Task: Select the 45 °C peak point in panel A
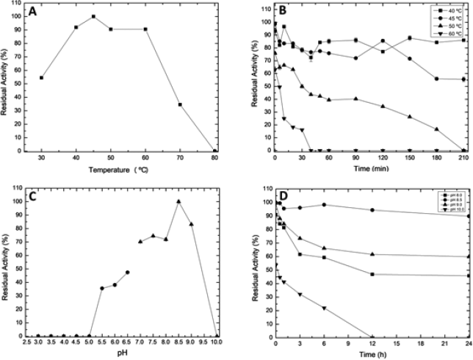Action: (x=93, y=16)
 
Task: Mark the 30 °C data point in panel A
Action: (x=42, y=77)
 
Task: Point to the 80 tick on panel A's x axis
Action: (x=214, y=157)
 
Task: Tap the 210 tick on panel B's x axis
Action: (x=464, y=157)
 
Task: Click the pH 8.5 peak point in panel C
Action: (x=178, y=201)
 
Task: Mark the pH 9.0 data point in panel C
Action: (x=192, y=224)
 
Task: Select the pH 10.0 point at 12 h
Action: (x=372, y=336)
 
